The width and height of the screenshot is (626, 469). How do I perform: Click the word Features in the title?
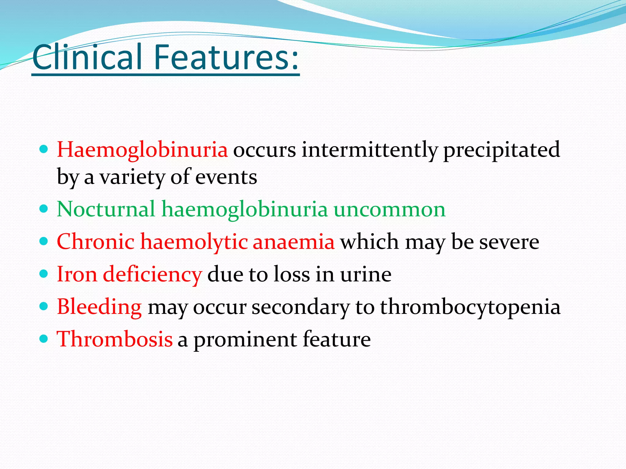tap(226, 57)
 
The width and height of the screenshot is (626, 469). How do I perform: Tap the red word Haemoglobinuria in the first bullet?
tap(142, 150)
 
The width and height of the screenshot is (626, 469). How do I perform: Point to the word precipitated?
tap(501, 150)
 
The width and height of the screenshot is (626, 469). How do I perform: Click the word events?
tap(226, 177)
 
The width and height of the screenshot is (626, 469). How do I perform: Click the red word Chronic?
tap(95, 242)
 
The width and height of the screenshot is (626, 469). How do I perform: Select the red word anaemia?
tap(293, 242)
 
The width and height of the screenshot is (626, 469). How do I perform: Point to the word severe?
tap(509, 242)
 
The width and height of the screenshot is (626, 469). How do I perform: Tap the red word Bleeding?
tap(99, 307)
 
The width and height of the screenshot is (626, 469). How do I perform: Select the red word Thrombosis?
tap(115, 339)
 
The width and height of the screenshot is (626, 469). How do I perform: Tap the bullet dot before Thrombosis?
tap(44, 338)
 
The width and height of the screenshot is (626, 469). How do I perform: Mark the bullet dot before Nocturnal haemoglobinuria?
tap(44, 209)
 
